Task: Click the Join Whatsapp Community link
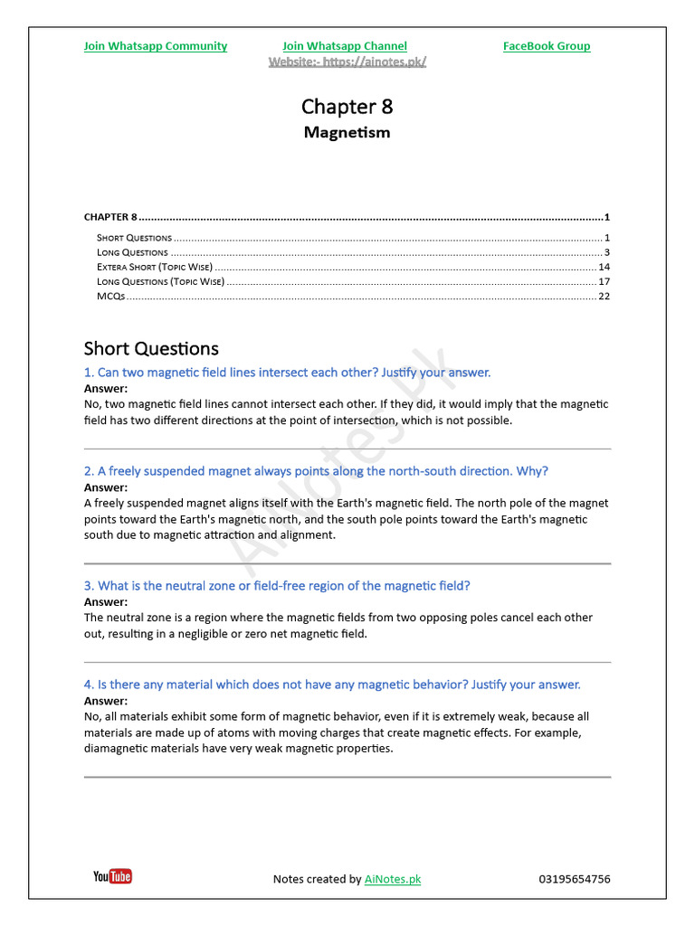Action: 155,46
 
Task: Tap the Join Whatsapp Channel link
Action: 344,46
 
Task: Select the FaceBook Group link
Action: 547,46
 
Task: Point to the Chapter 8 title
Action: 347,107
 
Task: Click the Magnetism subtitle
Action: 347,133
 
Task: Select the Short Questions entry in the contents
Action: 134,238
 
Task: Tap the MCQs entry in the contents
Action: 110,297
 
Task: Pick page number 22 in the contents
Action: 604,297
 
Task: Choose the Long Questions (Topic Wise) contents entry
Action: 160,282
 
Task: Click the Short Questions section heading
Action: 151,349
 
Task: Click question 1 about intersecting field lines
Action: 287,373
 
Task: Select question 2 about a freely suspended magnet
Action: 316,471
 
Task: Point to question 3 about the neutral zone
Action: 277,586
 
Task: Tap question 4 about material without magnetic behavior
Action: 332,685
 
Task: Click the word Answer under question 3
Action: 106,602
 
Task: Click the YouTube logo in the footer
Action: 112,876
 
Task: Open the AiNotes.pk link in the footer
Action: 393,879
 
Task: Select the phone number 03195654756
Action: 574,879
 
